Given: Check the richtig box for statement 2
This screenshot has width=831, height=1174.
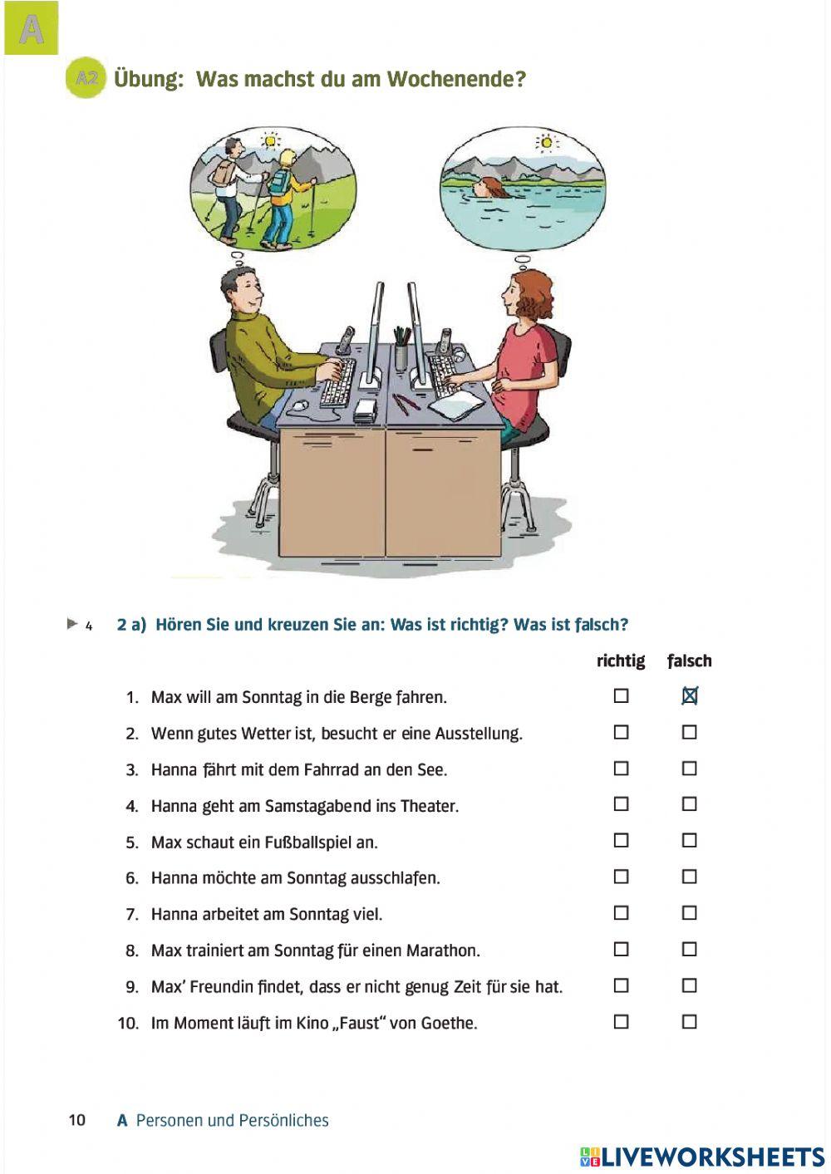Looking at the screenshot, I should point(621,732).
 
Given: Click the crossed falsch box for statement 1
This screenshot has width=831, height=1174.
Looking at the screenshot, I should point(689,696).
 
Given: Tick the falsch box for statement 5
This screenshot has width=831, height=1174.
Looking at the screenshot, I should point(689,841).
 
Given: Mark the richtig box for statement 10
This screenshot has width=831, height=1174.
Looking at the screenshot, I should point(621,1022).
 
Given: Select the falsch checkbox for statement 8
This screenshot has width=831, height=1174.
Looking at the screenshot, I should point(689,950).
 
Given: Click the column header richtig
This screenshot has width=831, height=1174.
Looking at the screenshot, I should point(620,661).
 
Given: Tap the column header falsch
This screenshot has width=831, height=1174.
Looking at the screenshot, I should point(689,661).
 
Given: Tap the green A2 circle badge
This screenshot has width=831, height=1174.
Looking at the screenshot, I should point(86,79).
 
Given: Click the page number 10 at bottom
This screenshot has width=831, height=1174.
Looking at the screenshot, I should point(76,1120).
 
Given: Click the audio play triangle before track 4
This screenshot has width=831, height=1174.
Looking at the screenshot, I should point(72,623).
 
